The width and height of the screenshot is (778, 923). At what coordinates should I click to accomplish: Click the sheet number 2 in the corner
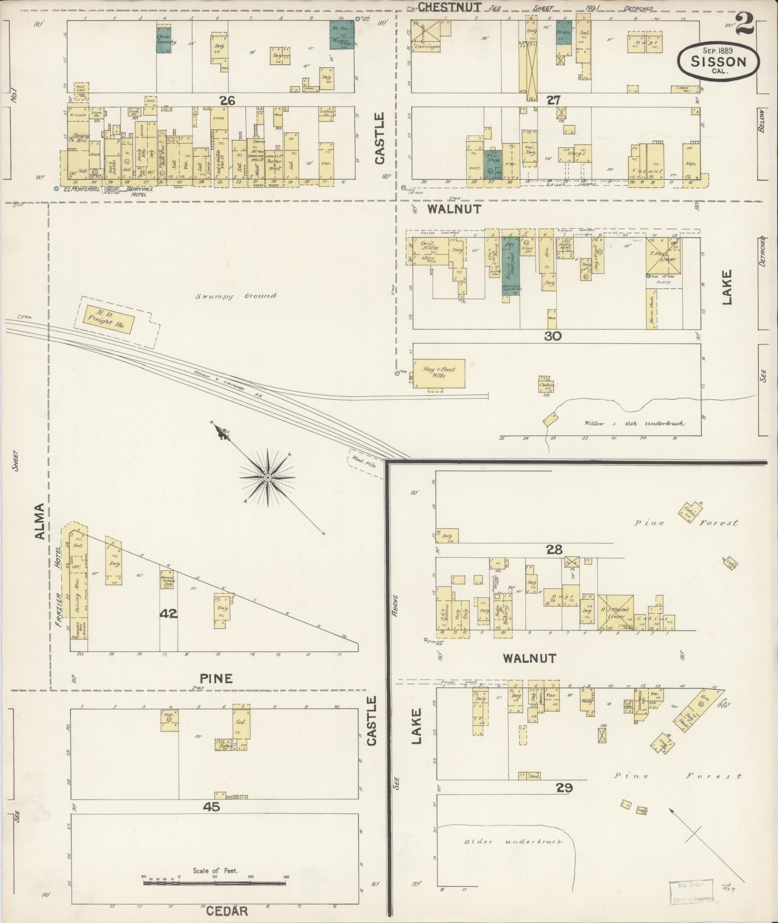click(745, 23)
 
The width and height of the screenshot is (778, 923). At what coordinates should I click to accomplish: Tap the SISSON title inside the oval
click(718, 61)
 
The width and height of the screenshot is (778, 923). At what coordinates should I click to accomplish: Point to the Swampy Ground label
click(236, 296)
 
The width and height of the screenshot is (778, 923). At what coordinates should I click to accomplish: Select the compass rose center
click(267, 478)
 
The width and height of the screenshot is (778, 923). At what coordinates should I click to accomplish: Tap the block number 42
click(169, 614)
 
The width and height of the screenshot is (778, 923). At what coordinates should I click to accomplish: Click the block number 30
click(553, 336)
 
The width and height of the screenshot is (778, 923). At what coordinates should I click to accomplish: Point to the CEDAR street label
click(227, 911)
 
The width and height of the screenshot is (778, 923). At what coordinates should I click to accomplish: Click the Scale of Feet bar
click(215, 882)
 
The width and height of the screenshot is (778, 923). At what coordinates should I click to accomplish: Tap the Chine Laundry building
click(165, 40)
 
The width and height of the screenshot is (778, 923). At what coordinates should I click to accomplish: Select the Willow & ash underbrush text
click(634, 423)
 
